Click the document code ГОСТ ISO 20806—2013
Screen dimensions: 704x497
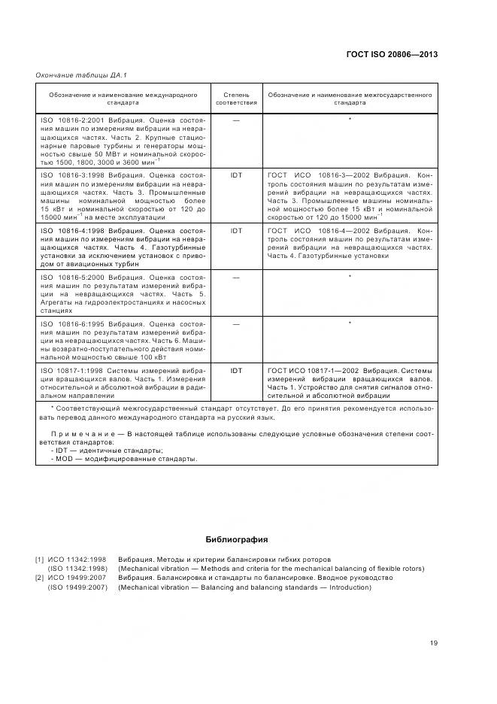coord(391,54)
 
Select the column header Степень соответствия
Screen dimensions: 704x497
coord(236,99)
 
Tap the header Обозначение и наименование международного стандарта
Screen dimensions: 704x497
coord(123,99)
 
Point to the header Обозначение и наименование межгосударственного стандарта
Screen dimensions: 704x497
coord(350,99)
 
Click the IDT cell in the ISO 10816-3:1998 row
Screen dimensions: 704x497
coord(236,174)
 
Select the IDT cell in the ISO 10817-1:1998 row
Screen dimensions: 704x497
coord(236,371)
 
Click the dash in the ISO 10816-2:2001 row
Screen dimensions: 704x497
coord(236,120)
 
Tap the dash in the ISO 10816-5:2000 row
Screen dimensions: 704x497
coord(236,278)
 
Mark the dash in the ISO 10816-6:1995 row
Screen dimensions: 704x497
coord(236,324)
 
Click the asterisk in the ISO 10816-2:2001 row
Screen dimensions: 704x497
coord(350,120)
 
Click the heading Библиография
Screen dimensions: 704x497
coord(236,539)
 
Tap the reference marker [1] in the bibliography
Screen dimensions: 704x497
coord(39,560)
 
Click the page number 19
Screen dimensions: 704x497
coord(434,642)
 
